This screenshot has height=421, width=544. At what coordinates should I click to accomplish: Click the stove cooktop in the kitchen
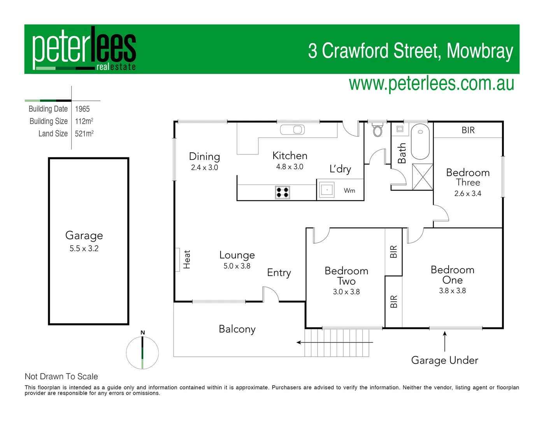tap(283, 192)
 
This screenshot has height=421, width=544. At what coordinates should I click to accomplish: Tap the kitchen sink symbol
tap(292, 129)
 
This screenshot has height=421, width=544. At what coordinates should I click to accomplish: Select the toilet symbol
tap(377, 130)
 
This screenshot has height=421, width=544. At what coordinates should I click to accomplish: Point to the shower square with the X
tap(422, 177)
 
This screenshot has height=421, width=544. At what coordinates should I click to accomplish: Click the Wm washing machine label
tap(349, 191)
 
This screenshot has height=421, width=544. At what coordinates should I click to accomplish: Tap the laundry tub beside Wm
tap(326, 190)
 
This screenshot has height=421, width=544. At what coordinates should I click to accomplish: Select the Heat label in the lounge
tap(187, 259)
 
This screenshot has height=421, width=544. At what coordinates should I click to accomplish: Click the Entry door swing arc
tap(271, 294)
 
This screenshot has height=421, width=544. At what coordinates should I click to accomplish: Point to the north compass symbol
tap(142, 352)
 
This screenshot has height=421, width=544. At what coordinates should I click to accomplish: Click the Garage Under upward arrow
tap(445, 341)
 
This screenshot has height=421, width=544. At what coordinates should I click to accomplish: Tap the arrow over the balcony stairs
tap(335, 343)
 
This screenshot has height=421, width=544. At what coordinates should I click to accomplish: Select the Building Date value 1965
tap(82, 109)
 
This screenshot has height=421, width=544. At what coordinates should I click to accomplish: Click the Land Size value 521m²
tap(84, 134)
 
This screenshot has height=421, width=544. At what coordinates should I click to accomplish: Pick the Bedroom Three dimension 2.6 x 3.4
tap(468, 194)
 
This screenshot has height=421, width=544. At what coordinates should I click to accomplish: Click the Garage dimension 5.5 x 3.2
tap(84, 249)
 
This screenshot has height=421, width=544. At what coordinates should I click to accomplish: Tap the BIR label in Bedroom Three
tap(468, 130)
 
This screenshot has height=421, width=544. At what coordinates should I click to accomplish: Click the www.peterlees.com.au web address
tap(431, 84)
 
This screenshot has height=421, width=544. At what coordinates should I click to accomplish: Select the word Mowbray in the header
tap(480, 51)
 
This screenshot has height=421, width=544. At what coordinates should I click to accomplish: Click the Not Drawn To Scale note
tap(61, 377)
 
